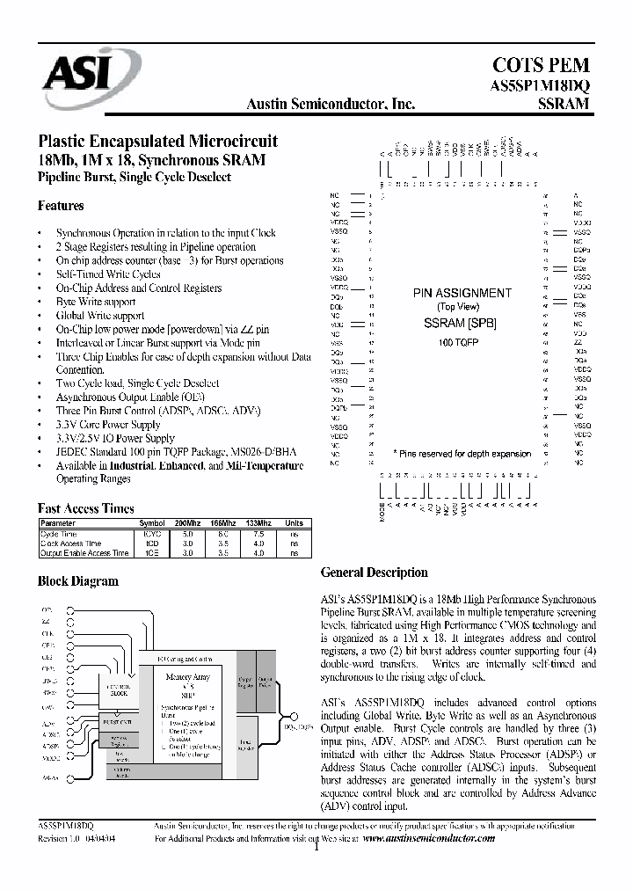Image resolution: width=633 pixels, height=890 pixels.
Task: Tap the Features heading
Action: tap(61, 206)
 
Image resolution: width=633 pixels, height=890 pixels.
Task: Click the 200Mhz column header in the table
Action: tap(186, 522)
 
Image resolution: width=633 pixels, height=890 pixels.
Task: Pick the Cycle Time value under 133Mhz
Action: tap(258, 533)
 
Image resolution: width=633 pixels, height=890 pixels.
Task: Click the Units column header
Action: tap(294, 522)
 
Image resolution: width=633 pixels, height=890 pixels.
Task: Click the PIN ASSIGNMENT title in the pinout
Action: tap(462, 293)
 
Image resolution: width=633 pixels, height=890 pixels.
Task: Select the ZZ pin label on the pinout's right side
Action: tap(578, 342)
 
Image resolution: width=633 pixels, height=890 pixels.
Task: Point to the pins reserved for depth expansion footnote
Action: tap(461, 454)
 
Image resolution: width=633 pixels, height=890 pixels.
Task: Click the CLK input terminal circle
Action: tap(72, 633)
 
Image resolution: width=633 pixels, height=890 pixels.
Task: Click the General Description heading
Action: tap(374, 573)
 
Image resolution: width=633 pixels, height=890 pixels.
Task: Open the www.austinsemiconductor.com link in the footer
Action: tap(428, 839)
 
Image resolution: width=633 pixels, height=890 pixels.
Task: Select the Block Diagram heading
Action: tap(77, 581)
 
